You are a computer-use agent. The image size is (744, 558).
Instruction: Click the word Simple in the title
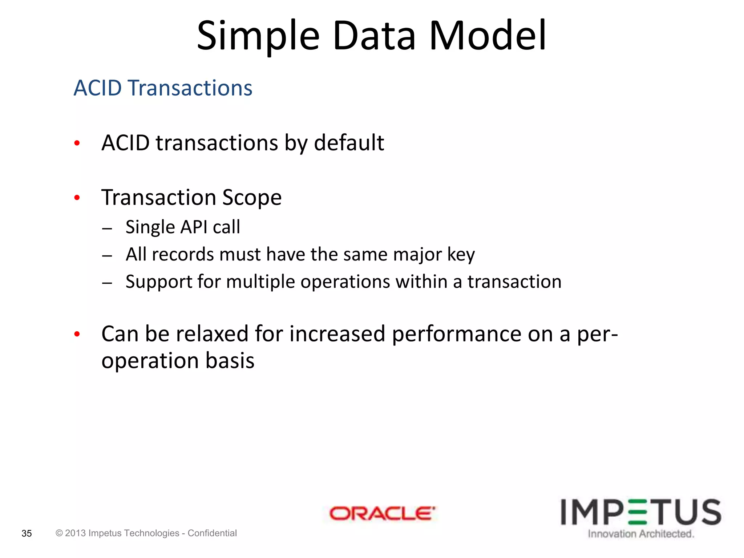258,36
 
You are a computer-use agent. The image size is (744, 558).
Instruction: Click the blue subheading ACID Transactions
163,88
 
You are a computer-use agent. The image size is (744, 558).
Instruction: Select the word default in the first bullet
349,142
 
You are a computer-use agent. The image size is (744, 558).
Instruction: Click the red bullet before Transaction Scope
77,198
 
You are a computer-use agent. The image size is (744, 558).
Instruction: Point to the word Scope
251,198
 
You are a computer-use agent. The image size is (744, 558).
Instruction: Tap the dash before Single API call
107,229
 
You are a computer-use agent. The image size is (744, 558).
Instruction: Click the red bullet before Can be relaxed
77,334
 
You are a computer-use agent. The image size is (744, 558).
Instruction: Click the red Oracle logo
381,514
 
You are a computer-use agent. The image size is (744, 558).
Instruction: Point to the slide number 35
27,533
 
